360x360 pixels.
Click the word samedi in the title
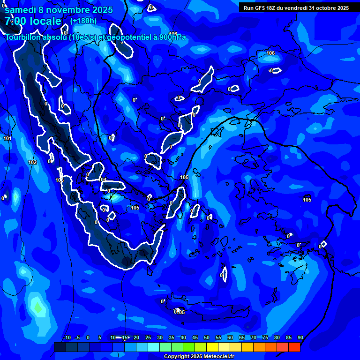[20, 10]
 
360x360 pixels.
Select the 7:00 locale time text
[33, 21]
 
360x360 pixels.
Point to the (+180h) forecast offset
[83, 21]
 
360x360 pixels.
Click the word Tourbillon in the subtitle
[23, 37]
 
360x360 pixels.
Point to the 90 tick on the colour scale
[300, 337]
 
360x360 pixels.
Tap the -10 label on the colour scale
[67, 337]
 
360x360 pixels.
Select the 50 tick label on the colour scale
[207, 337]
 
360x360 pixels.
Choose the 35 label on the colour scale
[172, 337]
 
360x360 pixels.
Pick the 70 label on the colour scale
[254, 337]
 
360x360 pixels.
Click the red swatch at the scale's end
[294, 347]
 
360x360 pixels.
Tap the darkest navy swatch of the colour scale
[60, 347]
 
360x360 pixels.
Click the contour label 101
[7, 138]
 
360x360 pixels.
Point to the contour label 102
[32, 162]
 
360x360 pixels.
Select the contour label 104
[103, 180]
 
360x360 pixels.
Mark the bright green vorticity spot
[37, 307]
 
